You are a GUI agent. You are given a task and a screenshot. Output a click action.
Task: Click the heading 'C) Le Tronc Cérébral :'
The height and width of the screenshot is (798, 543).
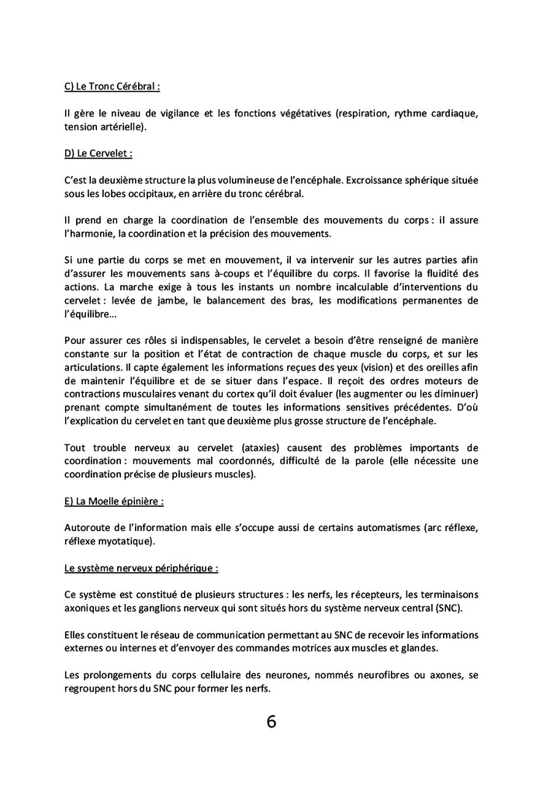click(x=112, y=88)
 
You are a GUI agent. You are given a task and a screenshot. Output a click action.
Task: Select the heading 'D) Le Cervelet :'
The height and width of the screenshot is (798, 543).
click(x=99, y=154)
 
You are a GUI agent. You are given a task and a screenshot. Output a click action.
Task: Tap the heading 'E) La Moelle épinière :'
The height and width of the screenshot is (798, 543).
click(x=114, y=501)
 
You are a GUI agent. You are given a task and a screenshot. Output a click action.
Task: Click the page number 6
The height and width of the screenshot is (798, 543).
click(x=271, y=721)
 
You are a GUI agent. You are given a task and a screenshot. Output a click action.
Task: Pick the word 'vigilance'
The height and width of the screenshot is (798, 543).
click(x=170, y=114)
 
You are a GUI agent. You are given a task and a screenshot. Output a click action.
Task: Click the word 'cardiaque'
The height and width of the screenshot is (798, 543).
click(x=451, y=114)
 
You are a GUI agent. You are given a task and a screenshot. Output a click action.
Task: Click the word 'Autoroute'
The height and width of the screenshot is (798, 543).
click(x=89, y=528)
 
